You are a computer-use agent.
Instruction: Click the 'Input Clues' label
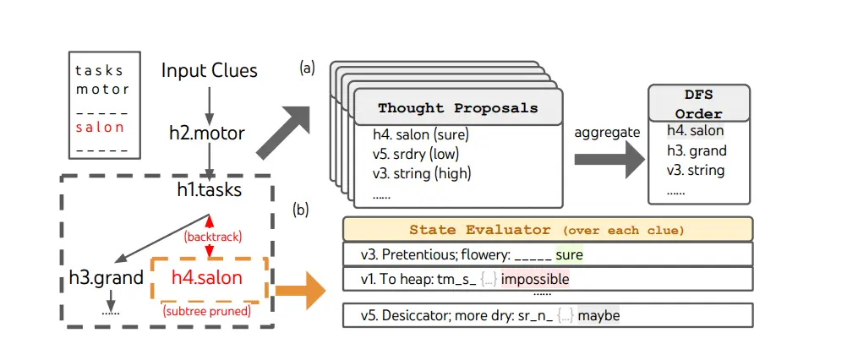click(209, 70)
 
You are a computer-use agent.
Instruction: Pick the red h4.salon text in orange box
click(207, 277)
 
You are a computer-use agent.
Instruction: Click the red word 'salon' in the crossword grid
click(100, 128)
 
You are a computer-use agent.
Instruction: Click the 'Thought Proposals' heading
click(457, 108)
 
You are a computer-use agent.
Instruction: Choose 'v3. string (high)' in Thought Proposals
click(422, 173)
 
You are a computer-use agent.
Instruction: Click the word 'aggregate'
click(606, 132)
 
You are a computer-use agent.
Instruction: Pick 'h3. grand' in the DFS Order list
click(697, 151)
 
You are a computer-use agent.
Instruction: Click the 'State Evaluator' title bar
click(547, 229)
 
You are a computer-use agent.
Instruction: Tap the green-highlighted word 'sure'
click(569, 254)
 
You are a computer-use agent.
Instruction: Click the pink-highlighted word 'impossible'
click(534, 278)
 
